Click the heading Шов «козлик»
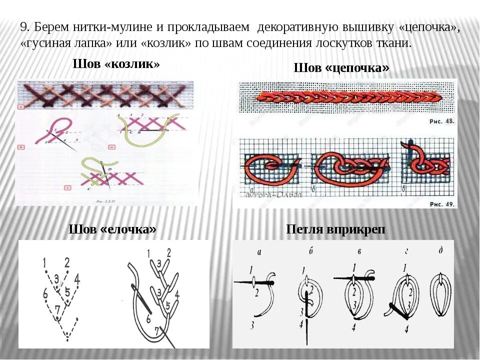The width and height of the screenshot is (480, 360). tap(116, 64)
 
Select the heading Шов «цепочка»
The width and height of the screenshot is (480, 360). tap(341, 67)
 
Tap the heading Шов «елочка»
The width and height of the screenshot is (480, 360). tap(112, 229)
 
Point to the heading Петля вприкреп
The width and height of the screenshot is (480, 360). tap(335, 229)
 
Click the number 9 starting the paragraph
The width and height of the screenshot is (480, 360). tap(23, 28)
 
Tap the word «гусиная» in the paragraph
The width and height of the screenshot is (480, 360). tap(42, 43)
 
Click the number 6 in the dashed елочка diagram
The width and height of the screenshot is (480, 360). tap(45, 294)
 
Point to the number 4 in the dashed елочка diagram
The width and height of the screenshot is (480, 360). tap(77, 278)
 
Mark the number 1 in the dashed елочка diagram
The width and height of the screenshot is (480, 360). tap(45, 261)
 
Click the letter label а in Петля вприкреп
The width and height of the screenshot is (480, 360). tap(258, 251)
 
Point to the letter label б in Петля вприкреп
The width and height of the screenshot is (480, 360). tap(310, 250)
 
